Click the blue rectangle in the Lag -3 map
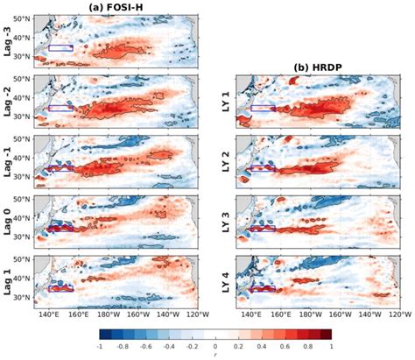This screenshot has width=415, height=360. (61, 47)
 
